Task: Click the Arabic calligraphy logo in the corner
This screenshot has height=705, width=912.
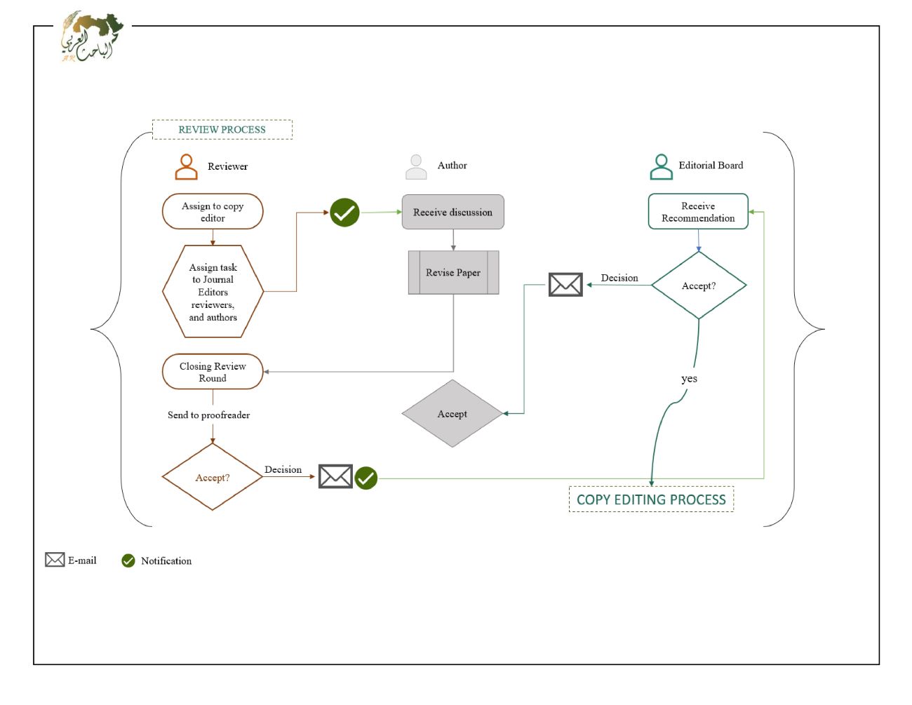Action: [91, 37]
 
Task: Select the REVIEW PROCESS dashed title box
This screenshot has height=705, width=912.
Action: [222, 130]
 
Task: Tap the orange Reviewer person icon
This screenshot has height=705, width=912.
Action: [186, 167]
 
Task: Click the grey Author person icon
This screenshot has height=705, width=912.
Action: [416, 167]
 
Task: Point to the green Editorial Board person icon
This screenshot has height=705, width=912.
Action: [661, 167]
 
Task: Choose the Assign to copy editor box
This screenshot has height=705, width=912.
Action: [213, 212]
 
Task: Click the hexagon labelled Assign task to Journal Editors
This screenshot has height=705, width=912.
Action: [213, 292]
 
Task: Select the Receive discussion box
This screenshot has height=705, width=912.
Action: [452, 212]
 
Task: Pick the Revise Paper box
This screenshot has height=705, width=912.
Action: [453, 273]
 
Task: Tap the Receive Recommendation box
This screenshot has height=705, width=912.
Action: [698, 212]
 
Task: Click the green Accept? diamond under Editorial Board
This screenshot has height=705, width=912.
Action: [699, 286]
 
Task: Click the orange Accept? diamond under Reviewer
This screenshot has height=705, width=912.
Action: [213, 477]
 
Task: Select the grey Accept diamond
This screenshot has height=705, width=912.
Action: [452, 414]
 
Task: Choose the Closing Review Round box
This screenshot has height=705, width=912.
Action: [213, 372]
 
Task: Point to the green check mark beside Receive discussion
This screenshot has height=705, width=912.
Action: [344, 213]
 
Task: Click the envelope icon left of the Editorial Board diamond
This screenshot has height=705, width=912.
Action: [565, 285]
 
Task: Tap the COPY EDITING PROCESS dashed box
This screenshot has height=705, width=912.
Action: [651, 499]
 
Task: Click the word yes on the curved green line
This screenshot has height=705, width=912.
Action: [689, 379]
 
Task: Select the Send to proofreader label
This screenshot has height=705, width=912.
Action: [208, 415]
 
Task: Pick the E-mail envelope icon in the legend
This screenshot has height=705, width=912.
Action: [55, 560]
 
